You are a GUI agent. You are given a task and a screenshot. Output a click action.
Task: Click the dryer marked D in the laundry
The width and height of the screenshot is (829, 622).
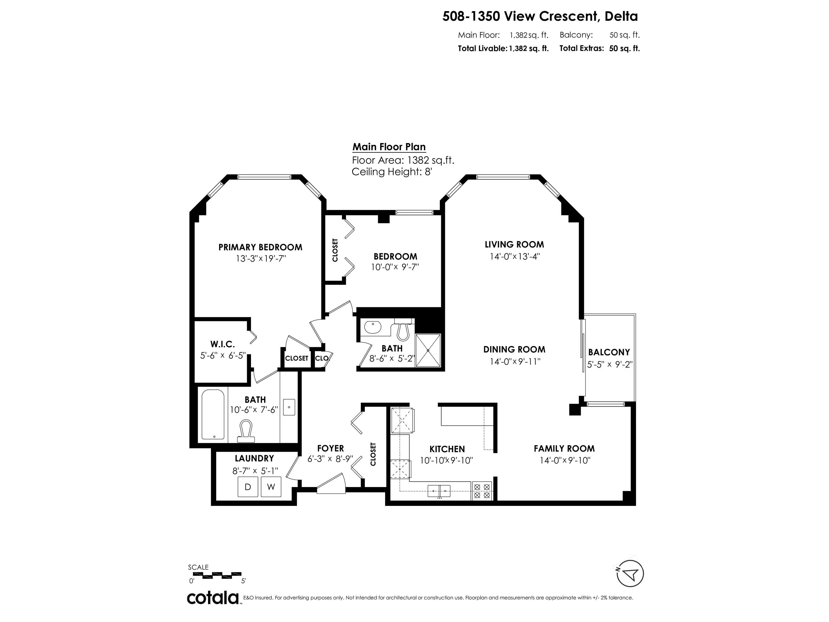click(x=248, y=487)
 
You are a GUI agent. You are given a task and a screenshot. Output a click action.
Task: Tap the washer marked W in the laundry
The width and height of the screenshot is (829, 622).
click(x=271, y=487)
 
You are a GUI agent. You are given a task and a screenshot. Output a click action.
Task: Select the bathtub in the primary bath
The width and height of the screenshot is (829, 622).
click(x=213, y=414)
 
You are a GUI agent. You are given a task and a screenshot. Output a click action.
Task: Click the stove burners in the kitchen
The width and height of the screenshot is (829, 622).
click(x=482, y=491)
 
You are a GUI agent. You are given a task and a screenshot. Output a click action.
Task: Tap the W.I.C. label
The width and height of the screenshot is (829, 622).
click(x=223, y=344)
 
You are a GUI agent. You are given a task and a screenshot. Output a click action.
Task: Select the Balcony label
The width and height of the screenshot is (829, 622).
click(x=609, y=352)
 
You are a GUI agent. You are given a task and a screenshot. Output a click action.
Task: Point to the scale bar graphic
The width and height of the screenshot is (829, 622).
click(x=217, y=575)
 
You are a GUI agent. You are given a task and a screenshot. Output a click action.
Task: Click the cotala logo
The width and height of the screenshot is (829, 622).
click(x=213, y=598)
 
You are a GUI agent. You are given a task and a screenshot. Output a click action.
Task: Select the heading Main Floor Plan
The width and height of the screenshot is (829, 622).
click(x=389, y=147)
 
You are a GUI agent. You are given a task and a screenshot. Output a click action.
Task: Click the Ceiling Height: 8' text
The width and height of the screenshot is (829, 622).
click(x=392, y=172)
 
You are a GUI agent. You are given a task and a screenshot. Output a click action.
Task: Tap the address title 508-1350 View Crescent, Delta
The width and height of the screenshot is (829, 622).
click(x=540, y=16)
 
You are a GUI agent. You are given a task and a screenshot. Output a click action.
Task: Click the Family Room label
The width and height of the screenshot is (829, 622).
click(x=564, y=448)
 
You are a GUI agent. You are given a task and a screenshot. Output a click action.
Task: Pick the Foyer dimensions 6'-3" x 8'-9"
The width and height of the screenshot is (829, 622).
click(x=330, y=459)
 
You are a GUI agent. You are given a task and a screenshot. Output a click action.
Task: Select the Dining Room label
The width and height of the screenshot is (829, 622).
click(x=514, y=349)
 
